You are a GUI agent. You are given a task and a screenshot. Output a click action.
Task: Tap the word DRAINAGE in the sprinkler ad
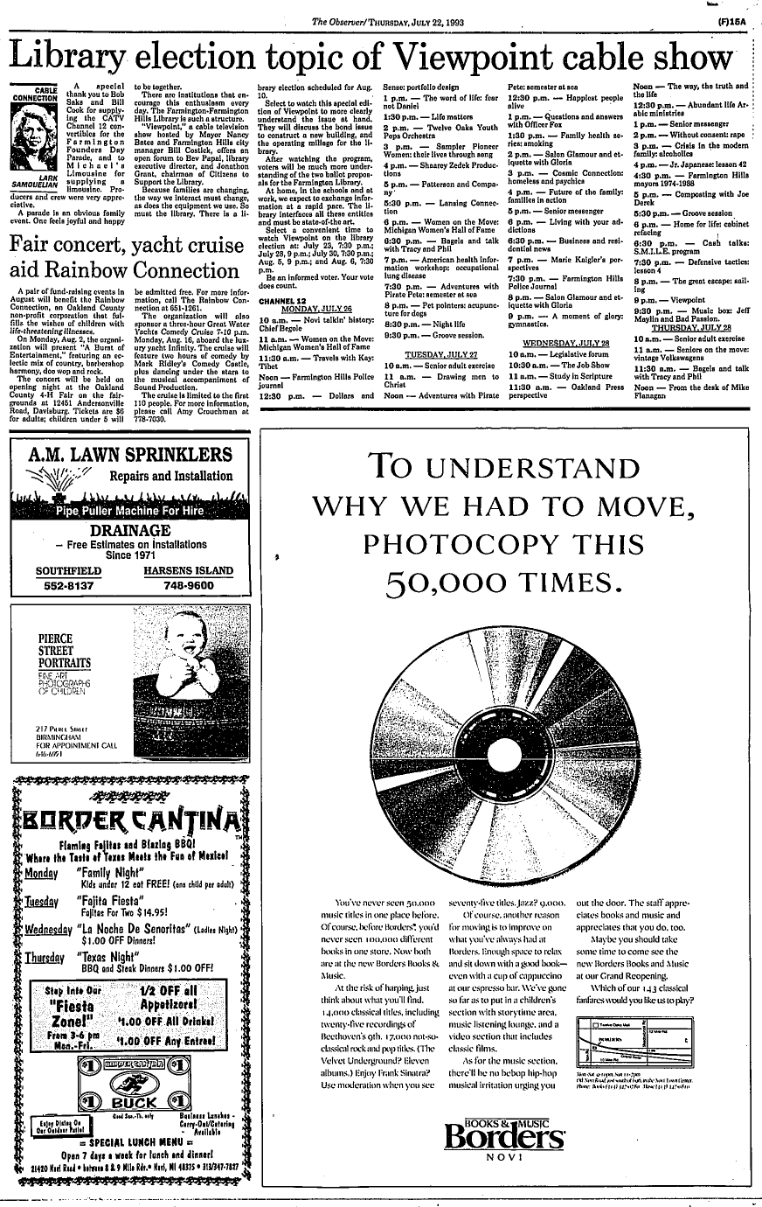click(x=128, y=533)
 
